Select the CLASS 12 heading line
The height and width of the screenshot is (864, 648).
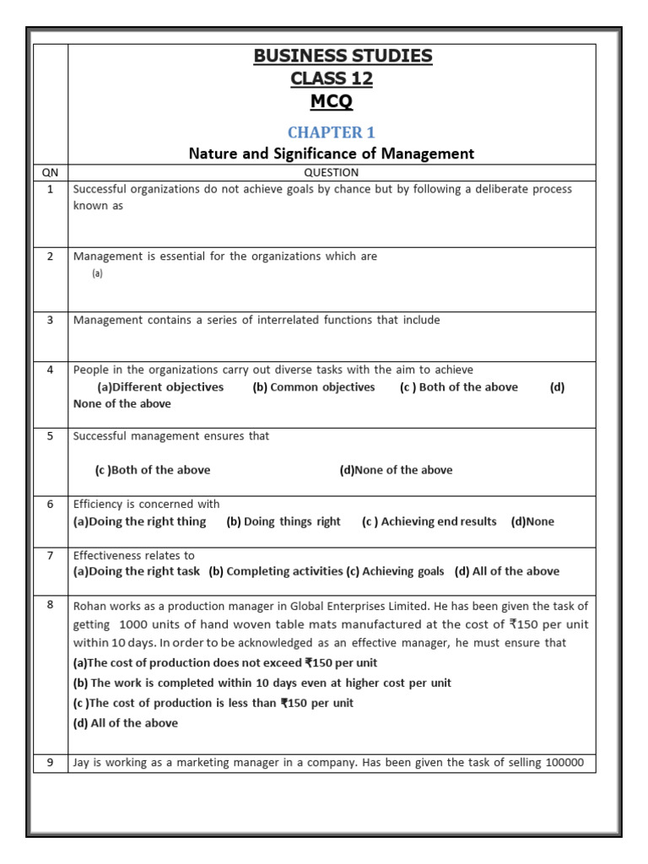331,79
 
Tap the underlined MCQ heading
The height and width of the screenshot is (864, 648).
331,102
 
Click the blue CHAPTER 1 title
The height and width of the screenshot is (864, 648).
331,132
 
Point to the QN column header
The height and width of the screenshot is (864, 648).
50,172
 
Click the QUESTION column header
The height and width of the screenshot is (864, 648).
331,172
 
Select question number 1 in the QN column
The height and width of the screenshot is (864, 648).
50,189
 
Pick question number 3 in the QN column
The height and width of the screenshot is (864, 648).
50,320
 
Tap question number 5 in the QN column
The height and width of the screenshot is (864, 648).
50,436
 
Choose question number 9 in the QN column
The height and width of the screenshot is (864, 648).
50,763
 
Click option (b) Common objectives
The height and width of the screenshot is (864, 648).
313,387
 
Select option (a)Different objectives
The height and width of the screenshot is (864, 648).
160,387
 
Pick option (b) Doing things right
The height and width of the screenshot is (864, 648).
283,521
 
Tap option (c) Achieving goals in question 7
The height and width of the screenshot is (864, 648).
394,571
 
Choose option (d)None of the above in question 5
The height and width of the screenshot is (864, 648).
396,470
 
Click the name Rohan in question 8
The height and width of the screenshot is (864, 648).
89,606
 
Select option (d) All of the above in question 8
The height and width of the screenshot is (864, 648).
126,723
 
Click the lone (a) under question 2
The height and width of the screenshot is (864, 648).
97,273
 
